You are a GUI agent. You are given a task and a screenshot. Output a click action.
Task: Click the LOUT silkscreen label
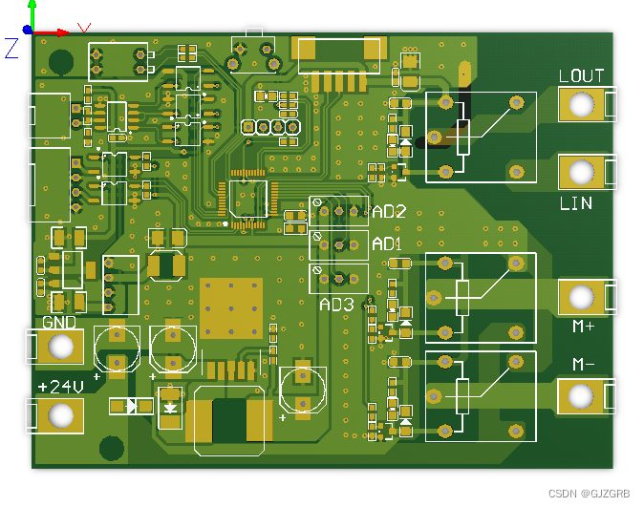(581, 76)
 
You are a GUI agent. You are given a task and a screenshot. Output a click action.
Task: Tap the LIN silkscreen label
(575, 203)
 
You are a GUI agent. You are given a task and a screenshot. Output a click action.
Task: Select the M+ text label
(584, 327)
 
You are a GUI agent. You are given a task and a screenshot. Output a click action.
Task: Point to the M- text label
(584, 365)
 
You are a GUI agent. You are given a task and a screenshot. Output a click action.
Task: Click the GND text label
(59, 323)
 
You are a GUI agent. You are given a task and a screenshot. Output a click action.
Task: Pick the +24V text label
(60, 387)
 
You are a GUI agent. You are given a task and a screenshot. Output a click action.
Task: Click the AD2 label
(389, 212)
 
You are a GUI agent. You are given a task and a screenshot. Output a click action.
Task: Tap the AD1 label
(387, 243)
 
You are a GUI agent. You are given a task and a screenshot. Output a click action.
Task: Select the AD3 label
(336, 305)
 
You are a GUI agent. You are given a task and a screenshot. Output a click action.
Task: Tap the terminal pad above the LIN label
(581, 173)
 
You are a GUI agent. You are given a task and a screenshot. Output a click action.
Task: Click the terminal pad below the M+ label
(581, 297)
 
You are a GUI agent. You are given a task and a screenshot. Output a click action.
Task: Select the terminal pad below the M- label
(581, 395)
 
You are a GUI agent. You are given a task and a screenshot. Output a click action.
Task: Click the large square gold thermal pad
(231, 308)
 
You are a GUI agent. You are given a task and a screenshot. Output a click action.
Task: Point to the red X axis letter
(84, 29)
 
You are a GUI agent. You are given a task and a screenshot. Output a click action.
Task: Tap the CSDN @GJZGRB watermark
(590, 494)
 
